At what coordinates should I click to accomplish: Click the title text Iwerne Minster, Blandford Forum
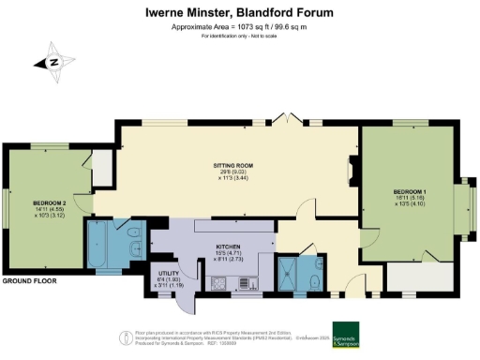pos(240,13)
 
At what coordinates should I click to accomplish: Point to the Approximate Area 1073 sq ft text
pos(240,29)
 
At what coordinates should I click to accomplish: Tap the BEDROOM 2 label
pos(49,202)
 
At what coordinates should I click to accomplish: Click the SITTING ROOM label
pos(233,165)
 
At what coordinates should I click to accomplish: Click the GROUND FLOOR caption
pos(27,281)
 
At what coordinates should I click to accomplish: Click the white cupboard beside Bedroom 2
pos(101,167)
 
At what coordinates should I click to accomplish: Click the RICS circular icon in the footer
pos(122,337)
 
